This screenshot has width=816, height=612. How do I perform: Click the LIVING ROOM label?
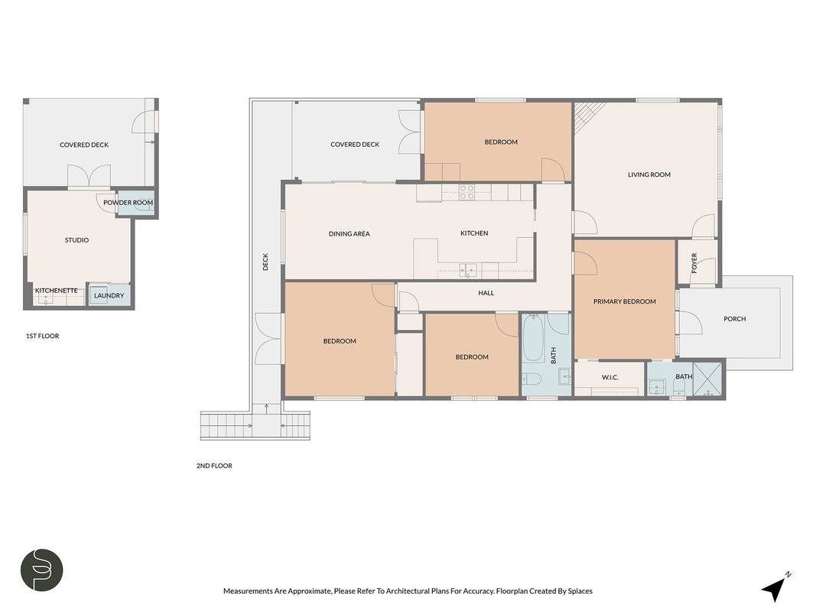[x=649, y=175]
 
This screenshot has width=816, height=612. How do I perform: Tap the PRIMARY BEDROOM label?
[x=625, y=302]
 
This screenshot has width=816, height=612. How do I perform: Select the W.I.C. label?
[x=610, y=377]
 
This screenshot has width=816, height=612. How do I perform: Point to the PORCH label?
[x=734, y=319]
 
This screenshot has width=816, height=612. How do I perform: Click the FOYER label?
[x=694, y=263]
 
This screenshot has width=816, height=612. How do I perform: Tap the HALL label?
[x=486, y=293]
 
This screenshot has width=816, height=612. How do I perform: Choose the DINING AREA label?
[x=349, y=234]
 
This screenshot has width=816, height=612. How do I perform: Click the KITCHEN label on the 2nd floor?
[x=474, y=233]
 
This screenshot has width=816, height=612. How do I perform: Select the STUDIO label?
[x=76, y=240]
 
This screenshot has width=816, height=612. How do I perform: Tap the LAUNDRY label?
[x=109, y=295]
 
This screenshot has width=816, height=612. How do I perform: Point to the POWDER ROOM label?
[x=128, y=203]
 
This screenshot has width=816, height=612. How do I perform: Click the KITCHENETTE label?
[x=56, y=291]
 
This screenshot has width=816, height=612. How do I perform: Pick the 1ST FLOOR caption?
[x=43, y=336]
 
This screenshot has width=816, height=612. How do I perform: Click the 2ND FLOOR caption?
[x=214, y=466]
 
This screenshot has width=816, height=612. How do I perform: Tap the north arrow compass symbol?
[x=775, y=588]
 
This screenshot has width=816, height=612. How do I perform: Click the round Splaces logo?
[x=41, y=570]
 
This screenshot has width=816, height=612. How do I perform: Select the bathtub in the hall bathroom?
[x=533, y=338]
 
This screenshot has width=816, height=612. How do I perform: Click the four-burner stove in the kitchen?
[x=467, y=193]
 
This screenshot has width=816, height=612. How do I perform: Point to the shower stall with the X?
[x=707, y=379]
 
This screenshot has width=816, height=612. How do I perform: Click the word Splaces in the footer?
[x=580, y=591]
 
